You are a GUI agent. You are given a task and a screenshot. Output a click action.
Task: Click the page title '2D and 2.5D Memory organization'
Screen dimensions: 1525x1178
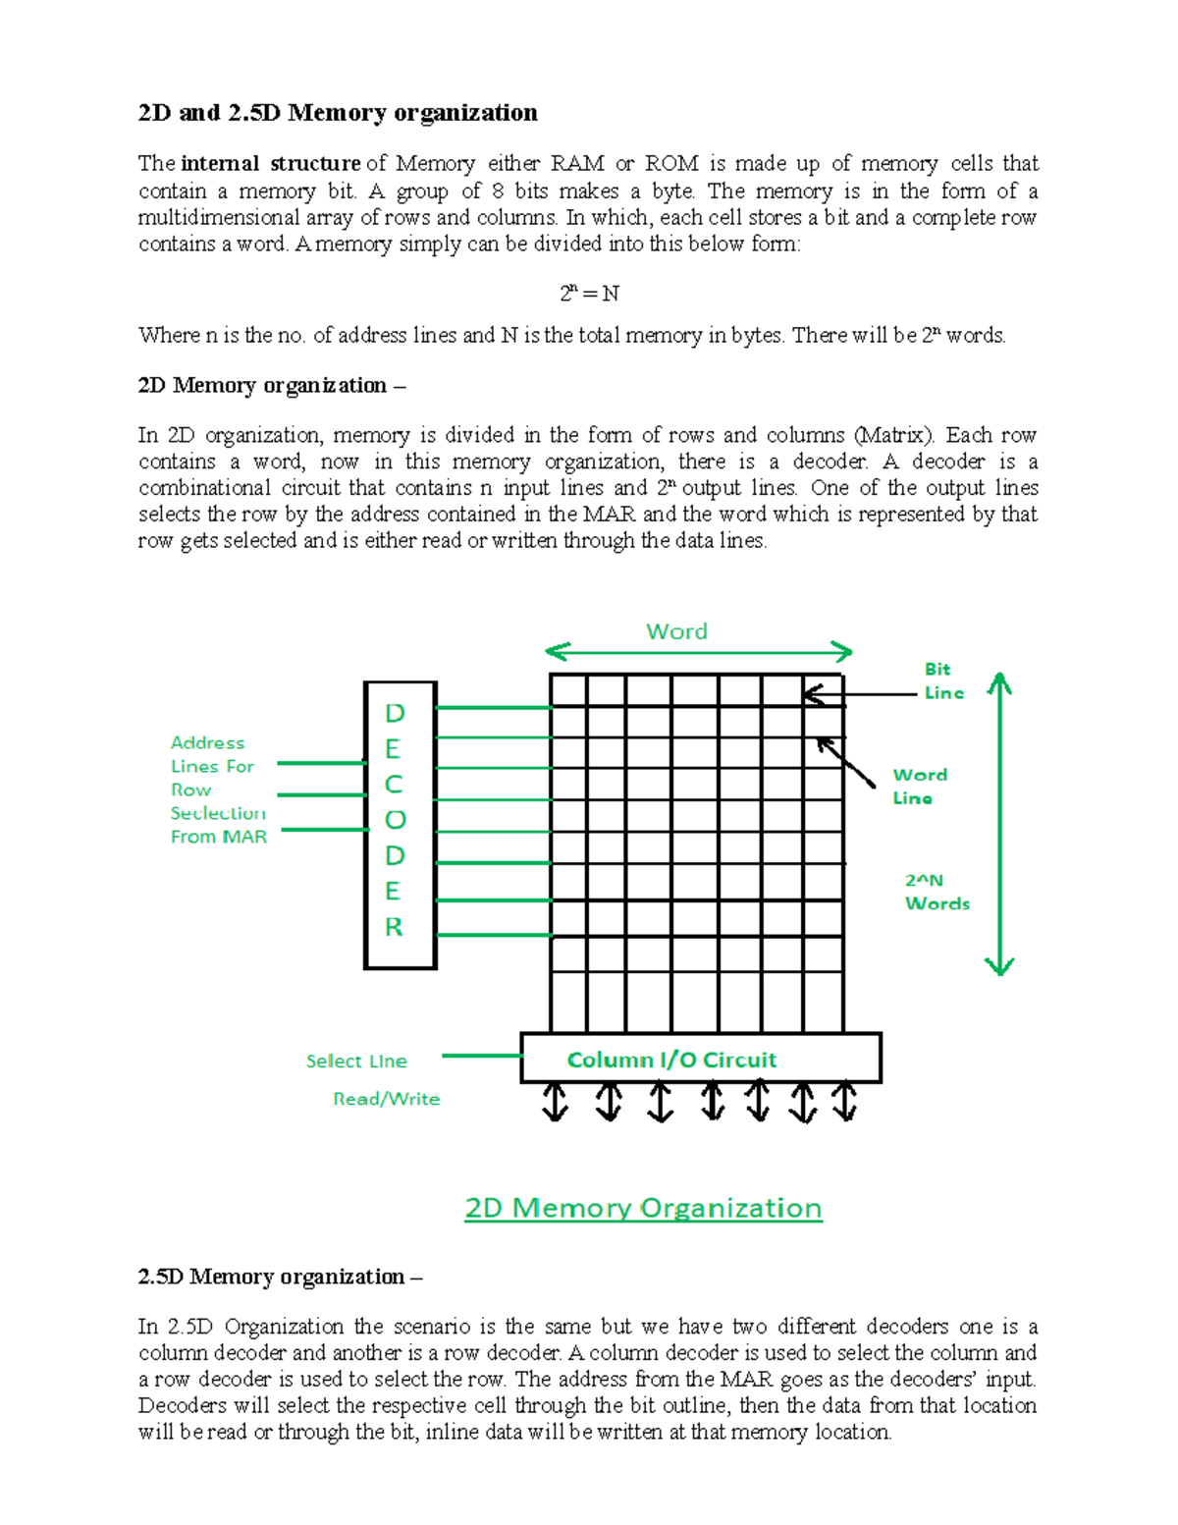[x=338, y=113]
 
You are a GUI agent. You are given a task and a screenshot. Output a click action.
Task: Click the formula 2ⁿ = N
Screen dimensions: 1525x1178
[x=589, y=294]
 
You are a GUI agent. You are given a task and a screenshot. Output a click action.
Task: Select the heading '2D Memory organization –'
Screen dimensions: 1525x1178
[x=271, y=385]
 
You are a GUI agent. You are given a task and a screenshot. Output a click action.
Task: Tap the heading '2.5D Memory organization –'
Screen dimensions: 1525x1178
[x=280, y=1277]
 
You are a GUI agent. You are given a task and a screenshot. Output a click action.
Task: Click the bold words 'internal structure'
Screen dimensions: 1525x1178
[x=271, y=164]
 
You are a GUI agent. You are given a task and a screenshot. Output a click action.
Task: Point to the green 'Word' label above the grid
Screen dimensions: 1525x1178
[x=676, y=631]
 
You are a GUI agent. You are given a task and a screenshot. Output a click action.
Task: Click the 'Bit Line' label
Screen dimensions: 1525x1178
[x=942, y=681]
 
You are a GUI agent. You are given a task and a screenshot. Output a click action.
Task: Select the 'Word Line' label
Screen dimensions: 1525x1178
[x=919, y=786]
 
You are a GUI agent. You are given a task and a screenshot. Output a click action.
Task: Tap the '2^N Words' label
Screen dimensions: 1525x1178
[x=937, y=892]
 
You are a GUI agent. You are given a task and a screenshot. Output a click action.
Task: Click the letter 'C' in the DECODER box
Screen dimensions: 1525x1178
[x=394, y=785]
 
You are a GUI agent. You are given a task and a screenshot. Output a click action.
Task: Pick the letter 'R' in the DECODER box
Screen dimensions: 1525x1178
[x=394, y=927]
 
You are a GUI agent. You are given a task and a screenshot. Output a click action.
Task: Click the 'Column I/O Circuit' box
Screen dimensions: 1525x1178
[x=700, y=1059]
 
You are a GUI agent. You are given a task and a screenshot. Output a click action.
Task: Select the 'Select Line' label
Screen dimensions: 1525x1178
[x=356, y=1062]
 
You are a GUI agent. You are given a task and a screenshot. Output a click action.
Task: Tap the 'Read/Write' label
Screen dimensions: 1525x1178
[x=386, y=1099]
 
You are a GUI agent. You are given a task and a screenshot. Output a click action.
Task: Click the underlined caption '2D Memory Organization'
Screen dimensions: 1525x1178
[x=643, y=1208]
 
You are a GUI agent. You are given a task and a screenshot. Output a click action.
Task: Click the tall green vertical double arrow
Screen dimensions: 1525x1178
[x=999, y=824]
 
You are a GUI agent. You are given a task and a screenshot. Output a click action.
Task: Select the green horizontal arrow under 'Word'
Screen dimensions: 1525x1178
[x=699, y=651]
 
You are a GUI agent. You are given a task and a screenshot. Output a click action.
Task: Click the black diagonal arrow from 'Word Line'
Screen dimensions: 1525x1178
[x=845, y=762]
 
